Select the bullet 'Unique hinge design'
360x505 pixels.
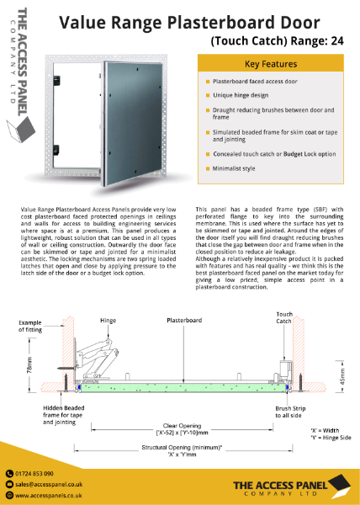click(x=245, y=97)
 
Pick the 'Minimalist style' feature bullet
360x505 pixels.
click(x=239, y=169)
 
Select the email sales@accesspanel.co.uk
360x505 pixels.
click(x=51, y=485)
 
